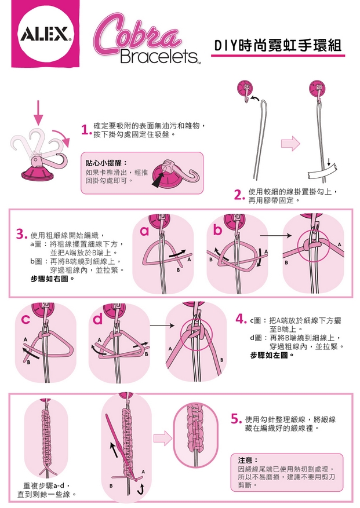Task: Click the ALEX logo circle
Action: point(46,33)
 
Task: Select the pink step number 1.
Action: point(85,130)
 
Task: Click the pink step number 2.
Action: point(239,196)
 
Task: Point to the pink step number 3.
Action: point(21,235)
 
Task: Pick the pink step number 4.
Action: point(241,320)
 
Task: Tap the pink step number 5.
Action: point(237,419)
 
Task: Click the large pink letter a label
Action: point(144,231)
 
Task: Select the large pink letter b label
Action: point(217,229)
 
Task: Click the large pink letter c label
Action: point(26,319)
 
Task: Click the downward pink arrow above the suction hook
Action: point(38,113)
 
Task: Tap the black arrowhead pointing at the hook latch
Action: point(158,181)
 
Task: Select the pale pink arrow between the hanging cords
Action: point(290,143)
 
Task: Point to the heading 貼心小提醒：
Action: point(106,163)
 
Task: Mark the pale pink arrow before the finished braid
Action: point(163,438)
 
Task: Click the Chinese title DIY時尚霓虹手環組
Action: point(278,46)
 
